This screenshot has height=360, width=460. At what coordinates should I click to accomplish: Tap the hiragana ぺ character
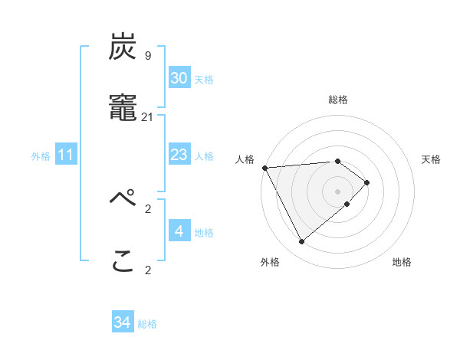[x=123, y=201]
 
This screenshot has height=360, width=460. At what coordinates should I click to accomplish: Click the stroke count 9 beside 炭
[x=148, y=55]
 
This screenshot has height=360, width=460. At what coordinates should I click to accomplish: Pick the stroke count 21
[x=148, y=116]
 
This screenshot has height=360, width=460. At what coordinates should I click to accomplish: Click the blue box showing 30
[x=179, y=78]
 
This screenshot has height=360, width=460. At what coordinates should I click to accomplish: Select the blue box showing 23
[x=179, y=155]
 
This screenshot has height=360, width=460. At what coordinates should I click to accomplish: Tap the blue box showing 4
[x=179, y=231]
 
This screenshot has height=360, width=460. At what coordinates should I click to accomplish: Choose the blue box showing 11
[x=66, y=155]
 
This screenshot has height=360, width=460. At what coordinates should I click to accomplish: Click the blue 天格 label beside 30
[x=204, y=80]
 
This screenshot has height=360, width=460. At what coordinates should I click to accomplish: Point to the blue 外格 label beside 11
[x=41, y=156]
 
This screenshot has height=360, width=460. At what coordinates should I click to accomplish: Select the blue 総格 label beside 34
[x=147, y=325]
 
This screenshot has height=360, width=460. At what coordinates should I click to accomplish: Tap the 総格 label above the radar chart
[x=338, y=100]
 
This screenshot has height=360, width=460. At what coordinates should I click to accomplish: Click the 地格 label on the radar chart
[x=402, y=263]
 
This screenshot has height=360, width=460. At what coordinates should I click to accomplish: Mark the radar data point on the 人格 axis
[x=264, y=168]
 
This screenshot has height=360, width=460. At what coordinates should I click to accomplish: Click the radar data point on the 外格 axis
[x=302, y=242]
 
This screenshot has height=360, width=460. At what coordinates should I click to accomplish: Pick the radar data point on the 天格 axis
[x=368, y=182]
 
